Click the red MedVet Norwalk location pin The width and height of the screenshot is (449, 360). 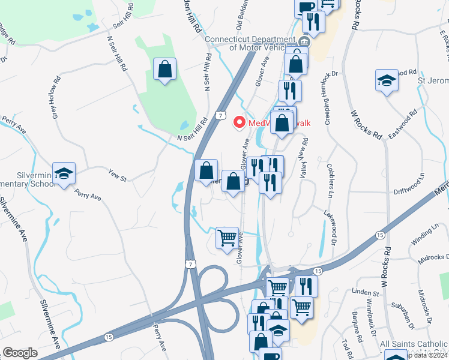tap(239, 122)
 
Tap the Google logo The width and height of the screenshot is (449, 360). tap(20, 353)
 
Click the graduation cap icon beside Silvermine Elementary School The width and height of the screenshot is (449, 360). tap(64, 173)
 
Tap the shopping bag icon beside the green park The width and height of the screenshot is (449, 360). tap(164, 70)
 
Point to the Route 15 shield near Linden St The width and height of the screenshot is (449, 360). tap(318, 272)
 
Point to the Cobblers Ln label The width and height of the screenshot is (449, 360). tap(330, 179)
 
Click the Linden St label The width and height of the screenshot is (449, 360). tap(367, 293)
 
